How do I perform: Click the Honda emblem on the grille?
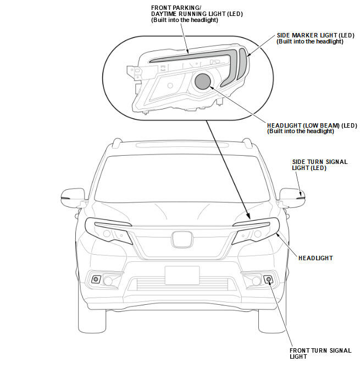pos(182,239)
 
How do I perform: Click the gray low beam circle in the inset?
pos(203,81)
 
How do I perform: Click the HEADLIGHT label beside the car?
pos(315,257)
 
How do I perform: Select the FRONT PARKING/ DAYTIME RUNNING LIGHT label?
pos(189,14)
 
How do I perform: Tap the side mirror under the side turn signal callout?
pos(292,196)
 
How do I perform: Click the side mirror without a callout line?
pos(72,196)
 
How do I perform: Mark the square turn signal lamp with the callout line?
pos(269,279)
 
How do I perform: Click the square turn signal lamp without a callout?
pos(96,279)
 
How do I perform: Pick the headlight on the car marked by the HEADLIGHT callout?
pos(256,231)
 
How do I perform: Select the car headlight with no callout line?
pos(109,231)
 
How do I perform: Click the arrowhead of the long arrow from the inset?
pos(248,218)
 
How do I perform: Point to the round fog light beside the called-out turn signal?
pos(256,281)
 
